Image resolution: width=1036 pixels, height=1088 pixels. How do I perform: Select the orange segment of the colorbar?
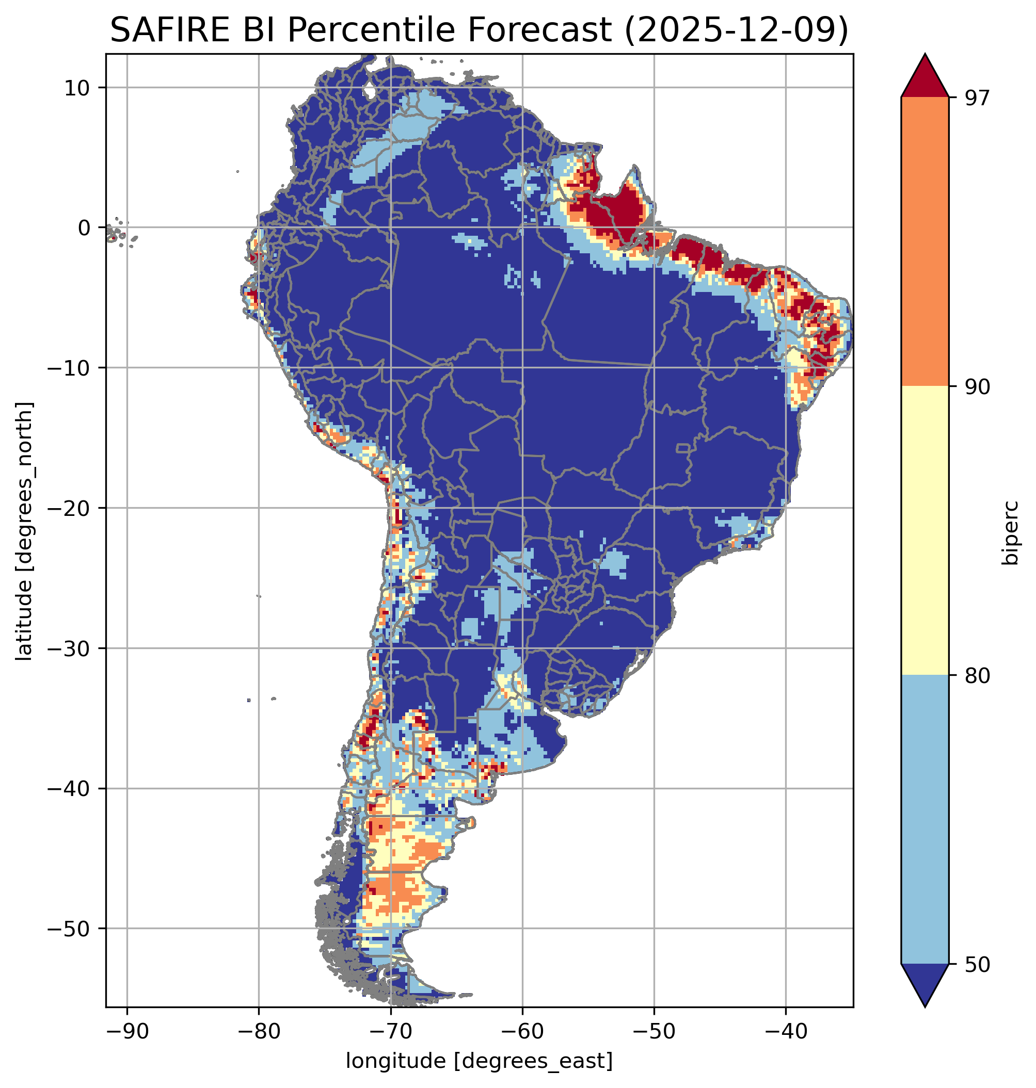(x=925, y=242)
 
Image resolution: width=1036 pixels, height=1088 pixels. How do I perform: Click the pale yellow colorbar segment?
(x=925, y=530)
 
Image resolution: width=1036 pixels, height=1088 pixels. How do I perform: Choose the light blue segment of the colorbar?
(x=925, y=819)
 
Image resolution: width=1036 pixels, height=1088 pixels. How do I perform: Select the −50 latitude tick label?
(x=69, y=929)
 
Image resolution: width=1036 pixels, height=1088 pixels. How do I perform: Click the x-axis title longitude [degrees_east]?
(x=480, y=1061)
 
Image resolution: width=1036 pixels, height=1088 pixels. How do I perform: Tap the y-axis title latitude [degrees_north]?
(x=24, y=531)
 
